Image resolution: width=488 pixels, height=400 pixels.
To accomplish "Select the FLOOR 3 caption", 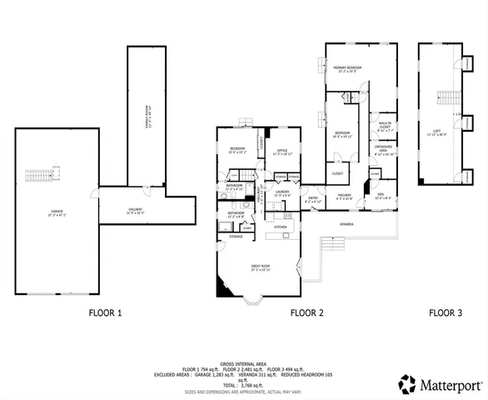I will point(446,313).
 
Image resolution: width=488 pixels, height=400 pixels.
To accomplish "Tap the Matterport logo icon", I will point(406,384).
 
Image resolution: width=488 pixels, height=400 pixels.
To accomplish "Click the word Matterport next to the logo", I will point(449,385).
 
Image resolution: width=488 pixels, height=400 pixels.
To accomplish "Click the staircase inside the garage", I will point(36,176).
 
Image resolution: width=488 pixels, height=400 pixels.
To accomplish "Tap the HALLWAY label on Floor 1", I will point(134,209).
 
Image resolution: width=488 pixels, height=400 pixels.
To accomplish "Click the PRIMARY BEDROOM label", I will point(347,68).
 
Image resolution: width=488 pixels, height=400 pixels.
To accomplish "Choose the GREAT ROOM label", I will point(262,267).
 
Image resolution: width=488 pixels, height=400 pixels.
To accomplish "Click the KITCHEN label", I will point(281,227).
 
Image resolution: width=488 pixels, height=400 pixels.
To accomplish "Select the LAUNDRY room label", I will point(282,192).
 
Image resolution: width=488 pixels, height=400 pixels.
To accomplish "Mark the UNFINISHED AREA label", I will point(383,151).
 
